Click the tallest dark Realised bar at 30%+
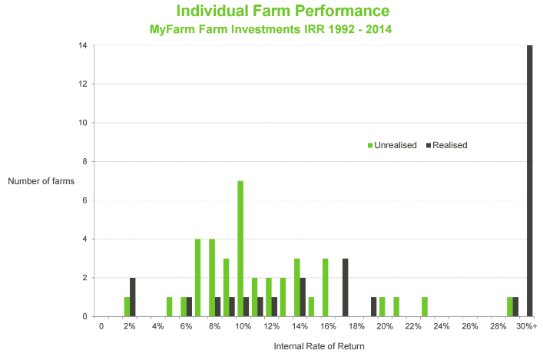tap(530, 180)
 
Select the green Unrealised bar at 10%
tap(240, 249)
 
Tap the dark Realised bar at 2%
tap(133, 297)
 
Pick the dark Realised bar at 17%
tap(346, 287)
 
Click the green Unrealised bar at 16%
tap(326, 287)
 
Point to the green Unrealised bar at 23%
tap(425, 306)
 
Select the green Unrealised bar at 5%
tap(169, 306)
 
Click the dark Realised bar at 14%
tap(303, 297)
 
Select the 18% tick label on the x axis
tap(357, 326)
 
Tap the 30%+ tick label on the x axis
tap(527, 326)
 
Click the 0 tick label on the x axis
tap(101, 326)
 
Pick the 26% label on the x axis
tap(470, 326)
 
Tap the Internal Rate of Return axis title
tap(319, 346)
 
